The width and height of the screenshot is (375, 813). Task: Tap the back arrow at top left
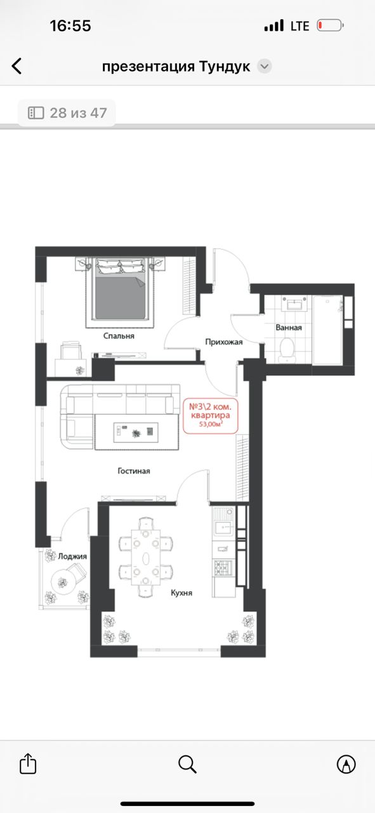16,67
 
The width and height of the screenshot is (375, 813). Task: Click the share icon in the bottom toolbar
28,763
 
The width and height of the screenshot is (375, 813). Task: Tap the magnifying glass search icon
188,764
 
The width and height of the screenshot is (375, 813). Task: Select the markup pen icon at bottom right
346,763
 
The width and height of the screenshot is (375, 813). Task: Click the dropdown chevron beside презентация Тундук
265,67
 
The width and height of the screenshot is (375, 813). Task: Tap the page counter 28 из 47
67,113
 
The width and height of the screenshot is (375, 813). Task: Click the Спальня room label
119,336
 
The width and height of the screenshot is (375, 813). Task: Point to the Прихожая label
224,342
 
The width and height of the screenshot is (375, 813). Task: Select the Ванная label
289,327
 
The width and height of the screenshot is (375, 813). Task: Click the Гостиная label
134,471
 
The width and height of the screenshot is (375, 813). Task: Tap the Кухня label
181,593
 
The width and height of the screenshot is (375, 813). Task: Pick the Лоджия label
72,556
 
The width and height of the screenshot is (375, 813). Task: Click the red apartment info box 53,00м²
211,416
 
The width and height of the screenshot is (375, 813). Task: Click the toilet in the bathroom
287,350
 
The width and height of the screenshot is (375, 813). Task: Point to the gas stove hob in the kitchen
223,567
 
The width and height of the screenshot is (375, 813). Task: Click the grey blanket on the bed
120,298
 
